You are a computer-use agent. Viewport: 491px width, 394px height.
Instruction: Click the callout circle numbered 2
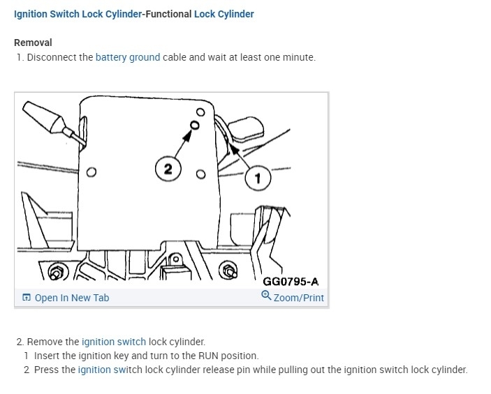coord(168,169)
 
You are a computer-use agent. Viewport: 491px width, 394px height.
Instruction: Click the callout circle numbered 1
coord(258,178)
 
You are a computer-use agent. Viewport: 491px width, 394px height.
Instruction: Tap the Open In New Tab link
coord(72,298)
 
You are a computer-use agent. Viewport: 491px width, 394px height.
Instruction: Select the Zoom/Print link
coord(298,298)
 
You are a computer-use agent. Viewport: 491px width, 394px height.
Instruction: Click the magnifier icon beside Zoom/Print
coord(266,295)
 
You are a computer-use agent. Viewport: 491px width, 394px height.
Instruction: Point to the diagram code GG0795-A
coord(291,282)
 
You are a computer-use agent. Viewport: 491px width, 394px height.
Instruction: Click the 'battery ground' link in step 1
coord(128,57)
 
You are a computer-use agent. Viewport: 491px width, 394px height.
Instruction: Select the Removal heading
coord(33,43)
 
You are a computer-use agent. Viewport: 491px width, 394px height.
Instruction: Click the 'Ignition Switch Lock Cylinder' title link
coord(78,14)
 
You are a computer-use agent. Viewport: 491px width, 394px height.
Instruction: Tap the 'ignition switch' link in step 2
coord(114,342)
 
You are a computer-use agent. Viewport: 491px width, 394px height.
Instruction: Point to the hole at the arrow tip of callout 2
coord(194,126)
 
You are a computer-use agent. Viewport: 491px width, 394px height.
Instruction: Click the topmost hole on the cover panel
coord(200,112)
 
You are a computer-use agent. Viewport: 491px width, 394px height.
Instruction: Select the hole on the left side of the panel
coord(91,172)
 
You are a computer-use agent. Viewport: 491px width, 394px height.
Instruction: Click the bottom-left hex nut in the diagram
coord(57,271)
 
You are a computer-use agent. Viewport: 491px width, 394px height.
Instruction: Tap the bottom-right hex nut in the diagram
coord(228,271)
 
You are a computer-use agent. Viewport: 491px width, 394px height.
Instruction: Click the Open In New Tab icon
coord(27,297)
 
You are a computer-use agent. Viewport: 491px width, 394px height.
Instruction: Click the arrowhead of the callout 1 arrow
coord(233,149)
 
